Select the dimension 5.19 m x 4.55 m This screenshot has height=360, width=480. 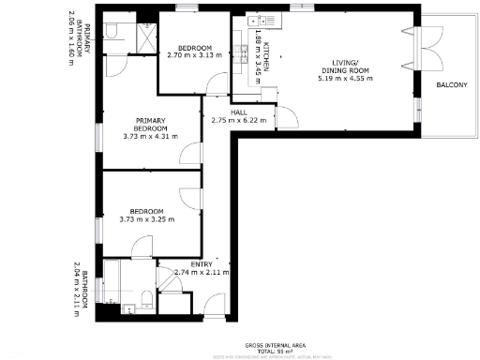[346, 78]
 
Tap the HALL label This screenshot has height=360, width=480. [226, 112]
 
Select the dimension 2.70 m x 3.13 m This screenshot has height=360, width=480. [194, 55]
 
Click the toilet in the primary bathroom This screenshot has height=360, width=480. [111, 35]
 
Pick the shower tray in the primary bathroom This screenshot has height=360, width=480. [146, 37]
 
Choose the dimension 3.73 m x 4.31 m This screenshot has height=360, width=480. [150, 138]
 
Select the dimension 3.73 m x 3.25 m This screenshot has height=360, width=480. [148, 219]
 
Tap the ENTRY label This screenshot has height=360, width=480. [200, 263]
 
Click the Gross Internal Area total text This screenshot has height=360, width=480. [274, 347]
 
